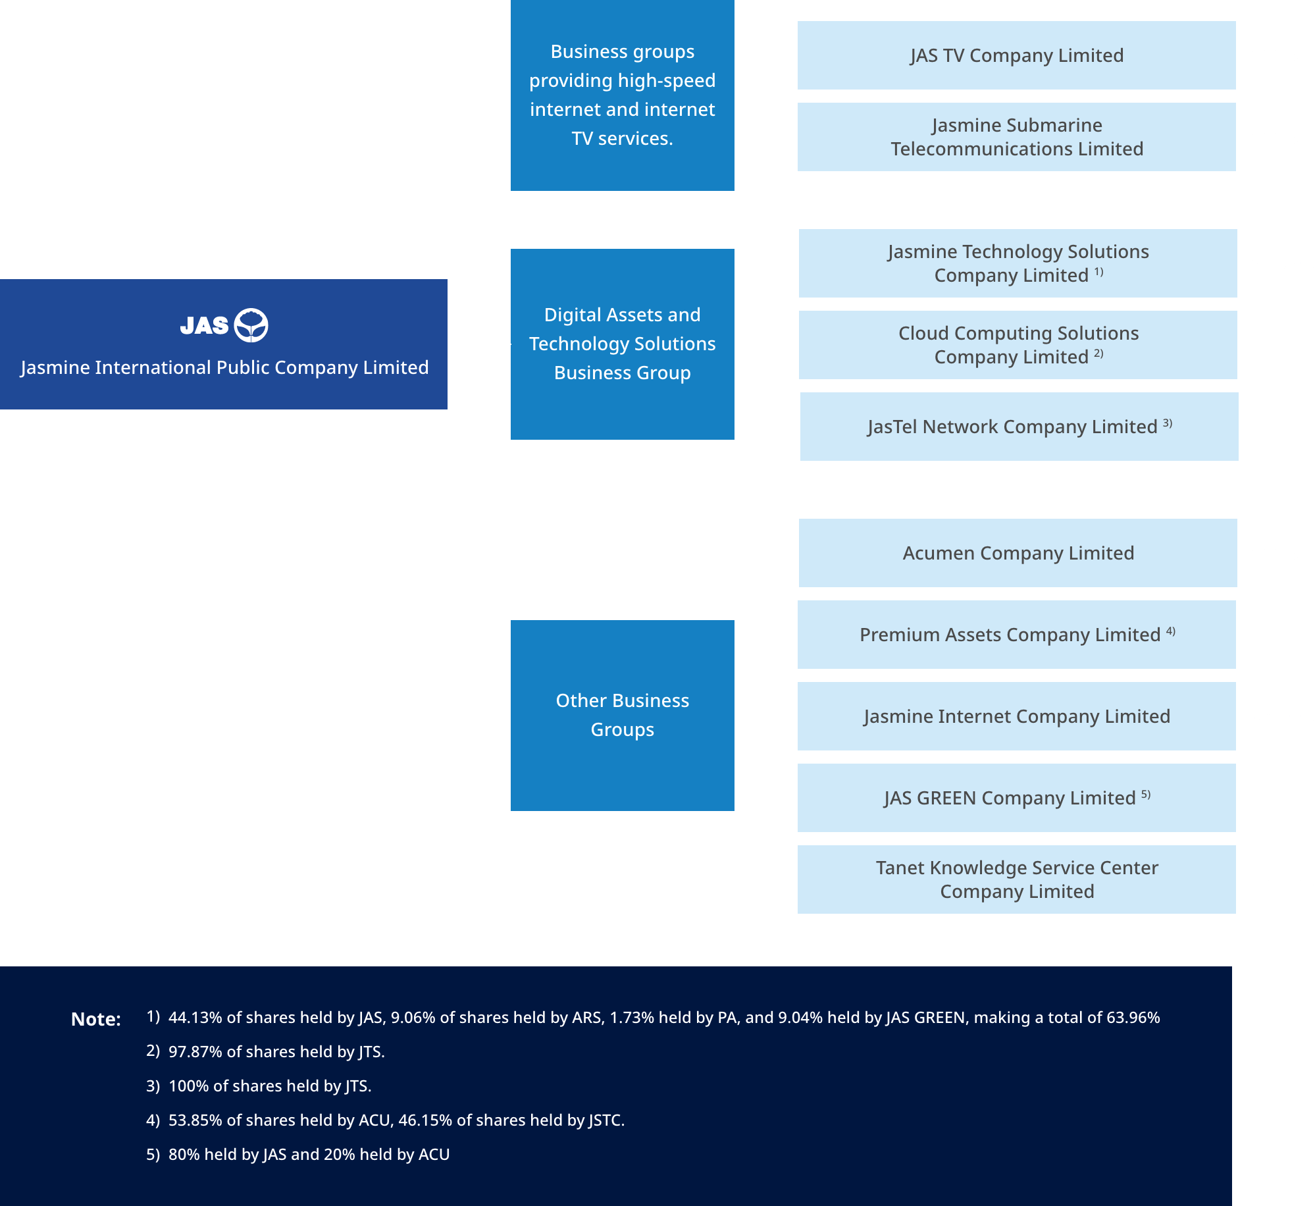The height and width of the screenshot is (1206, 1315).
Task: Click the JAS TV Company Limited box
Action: click(1016, 55)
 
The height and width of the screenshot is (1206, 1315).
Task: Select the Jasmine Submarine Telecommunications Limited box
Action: click(1016, 137)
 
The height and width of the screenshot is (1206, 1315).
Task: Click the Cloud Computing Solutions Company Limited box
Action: click(1018, 345)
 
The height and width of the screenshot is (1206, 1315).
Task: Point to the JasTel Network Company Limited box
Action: click(1019, 427)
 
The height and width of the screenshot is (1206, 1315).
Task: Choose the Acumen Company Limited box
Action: click(1018, 553)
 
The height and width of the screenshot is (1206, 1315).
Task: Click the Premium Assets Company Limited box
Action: click(1016, 635)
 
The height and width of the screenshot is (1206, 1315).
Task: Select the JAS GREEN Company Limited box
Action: click(1016, 798)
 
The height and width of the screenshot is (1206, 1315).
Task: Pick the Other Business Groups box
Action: click(622, 715)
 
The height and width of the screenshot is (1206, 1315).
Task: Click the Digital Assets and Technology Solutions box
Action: click(622, 344)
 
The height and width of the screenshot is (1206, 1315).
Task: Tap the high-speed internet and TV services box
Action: click(622, 95)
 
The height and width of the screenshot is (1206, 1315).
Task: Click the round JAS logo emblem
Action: click(251, 325)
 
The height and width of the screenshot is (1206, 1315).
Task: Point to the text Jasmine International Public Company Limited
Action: click(224, 367)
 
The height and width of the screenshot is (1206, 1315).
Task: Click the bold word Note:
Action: click(96, 1019)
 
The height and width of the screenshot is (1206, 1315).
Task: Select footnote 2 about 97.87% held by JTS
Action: click(276, 1051)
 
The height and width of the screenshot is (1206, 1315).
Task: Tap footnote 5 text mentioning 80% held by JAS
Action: click(309, 1154)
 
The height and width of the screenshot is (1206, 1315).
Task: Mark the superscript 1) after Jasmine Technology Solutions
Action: click(1098, 272)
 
